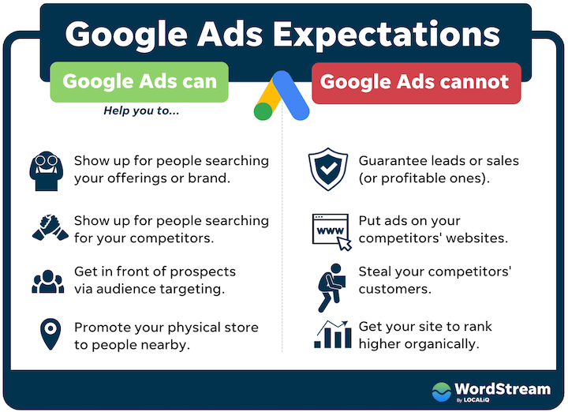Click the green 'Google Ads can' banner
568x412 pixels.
[x=139, y=81]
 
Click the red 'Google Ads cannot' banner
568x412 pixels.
[x=415, y=81]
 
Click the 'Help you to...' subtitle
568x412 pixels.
[x=141, y=111]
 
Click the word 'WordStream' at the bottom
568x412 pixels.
[x=498, y=388]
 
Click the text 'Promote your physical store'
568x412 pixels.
[x=166, y=327]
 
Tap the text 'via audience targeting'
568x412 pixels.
[x=149, y=289]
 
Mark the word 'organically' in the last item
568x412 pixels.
[x=443, y=343]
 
